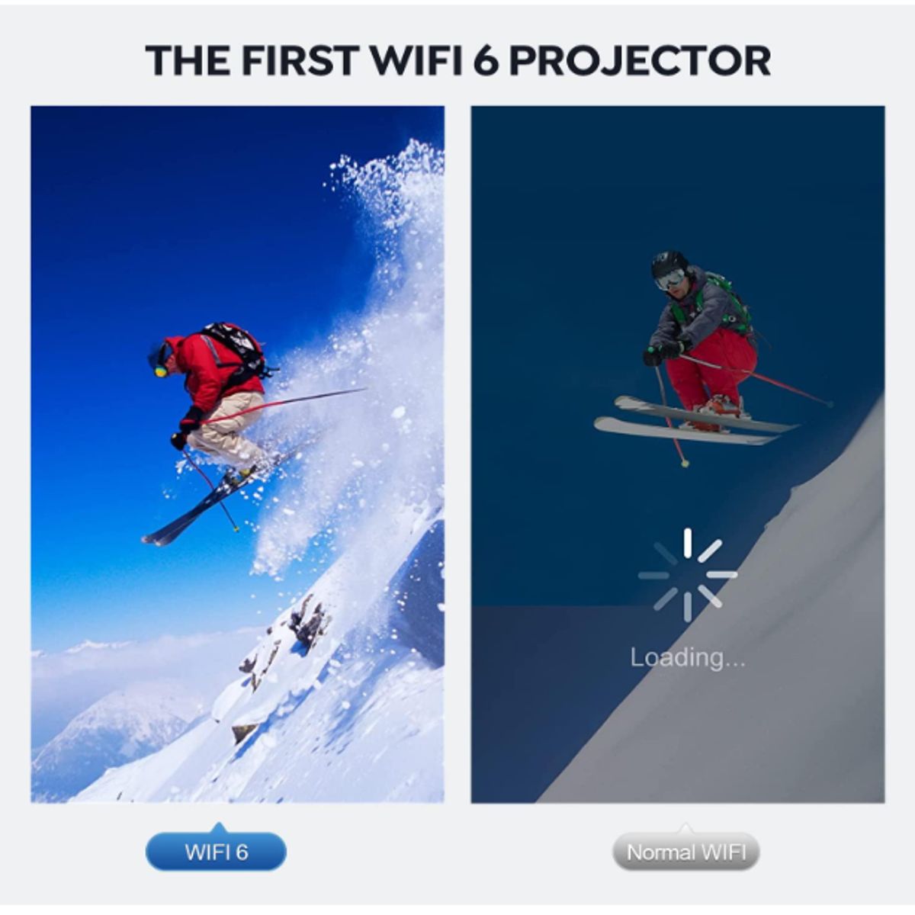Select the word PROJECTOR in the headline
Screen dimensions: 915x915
click(639, 61)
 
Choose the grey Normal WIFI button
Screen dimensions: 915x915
click(685, 852)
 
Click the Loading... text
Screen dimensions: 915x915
click(687, 657)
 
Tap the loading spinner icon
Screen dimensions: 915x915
click(687, 574)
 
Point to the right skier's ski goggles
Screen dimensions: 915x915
click(670, 279)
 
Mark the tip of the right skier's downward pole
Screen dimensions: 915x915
click(685, 463)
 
